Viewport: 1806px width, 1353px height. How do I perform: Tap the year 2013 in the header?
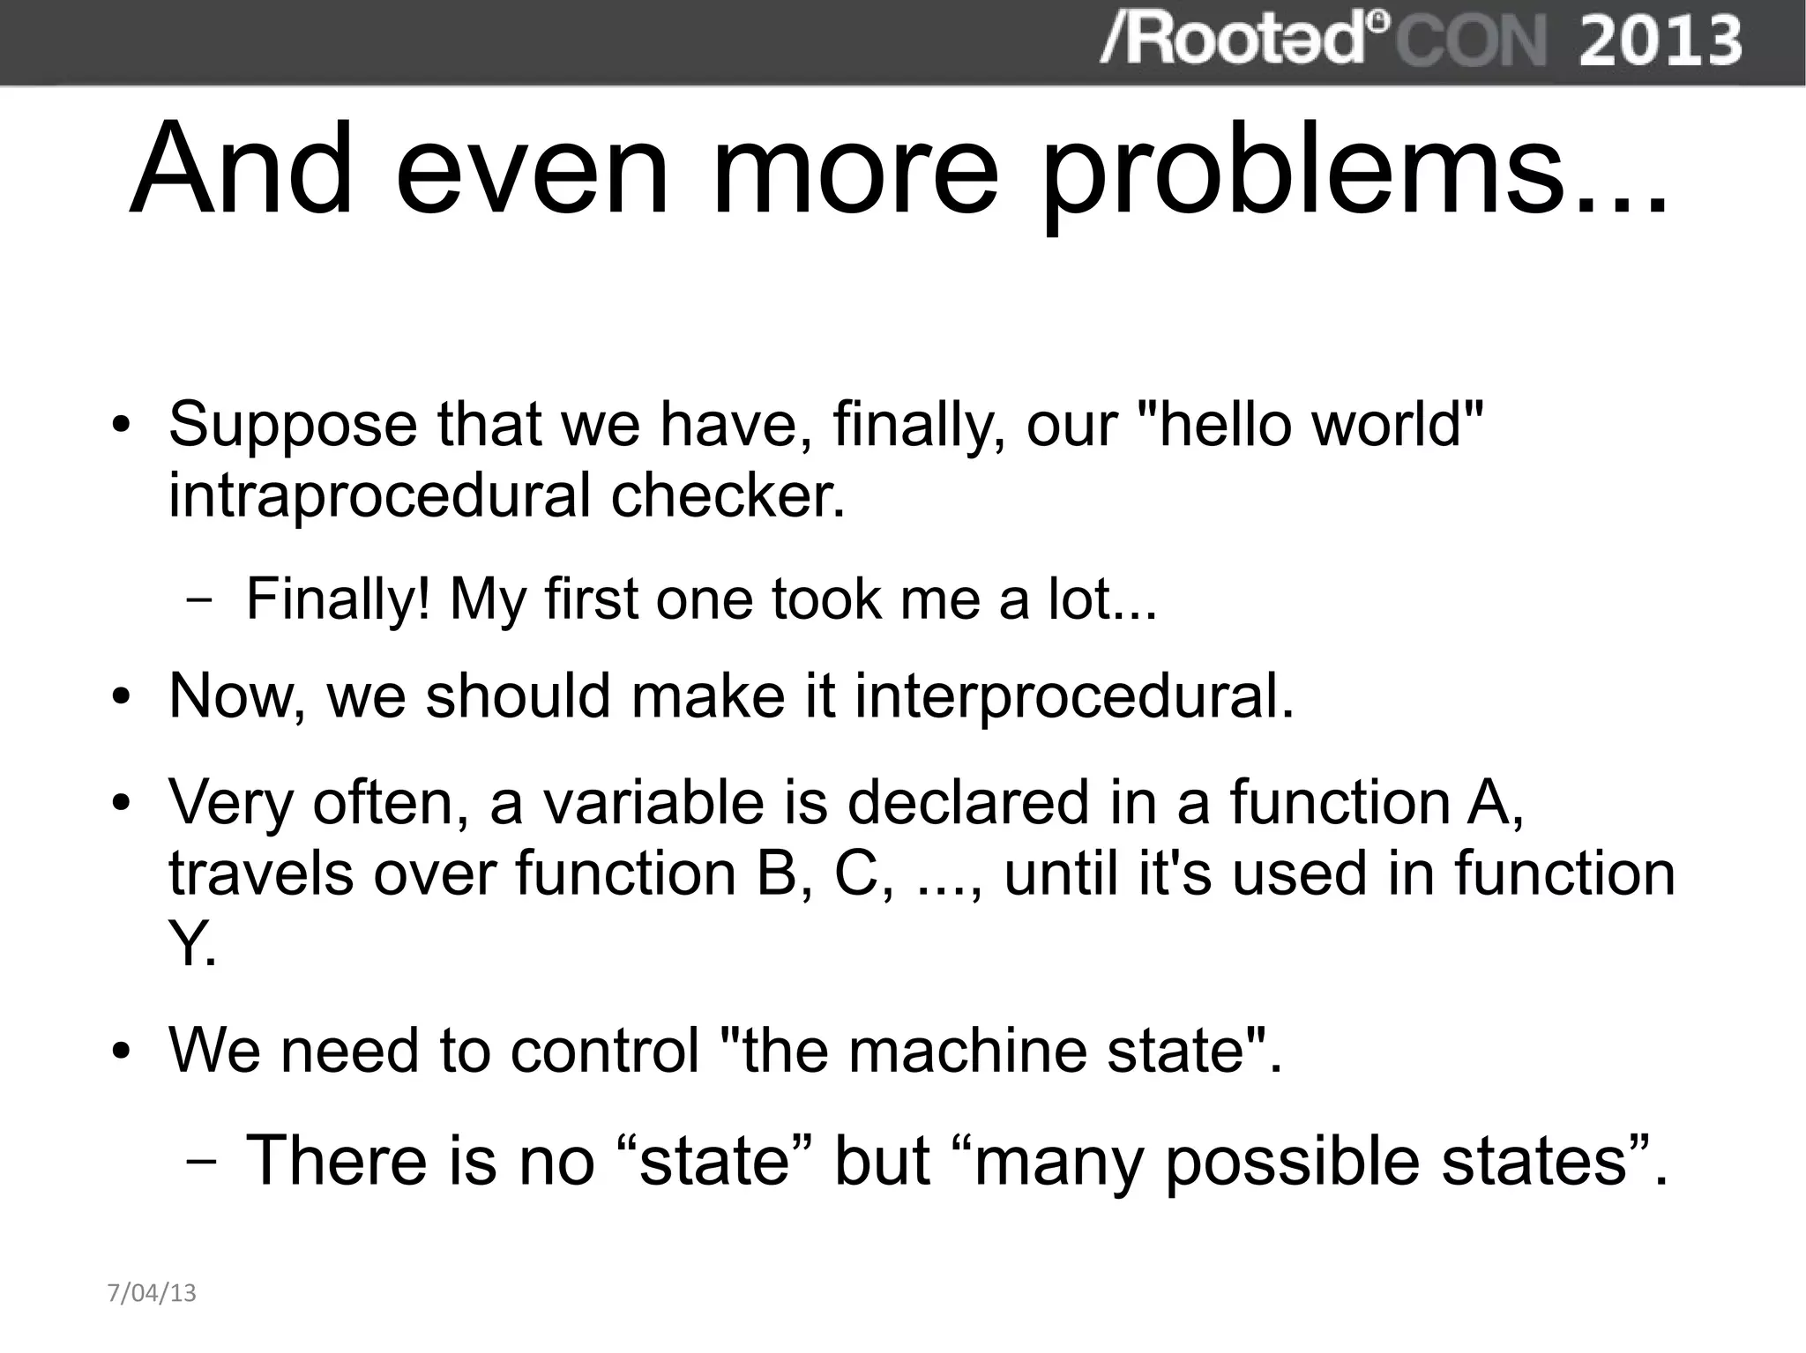click(1660, 41)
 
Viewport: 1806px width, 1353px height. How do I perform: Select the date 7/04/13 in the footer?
click(152, 1293)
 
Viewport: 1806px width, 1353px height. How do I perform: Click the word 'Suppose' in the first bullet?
click(291, 426)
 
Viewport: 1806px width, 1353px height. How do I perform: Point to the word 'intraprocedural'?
click(379, 495)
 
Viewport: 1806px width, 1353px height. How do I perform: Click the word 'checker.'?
click(728, 495)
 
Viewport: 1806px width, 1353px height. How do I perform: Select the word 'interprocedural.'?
click(1074, 697)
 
